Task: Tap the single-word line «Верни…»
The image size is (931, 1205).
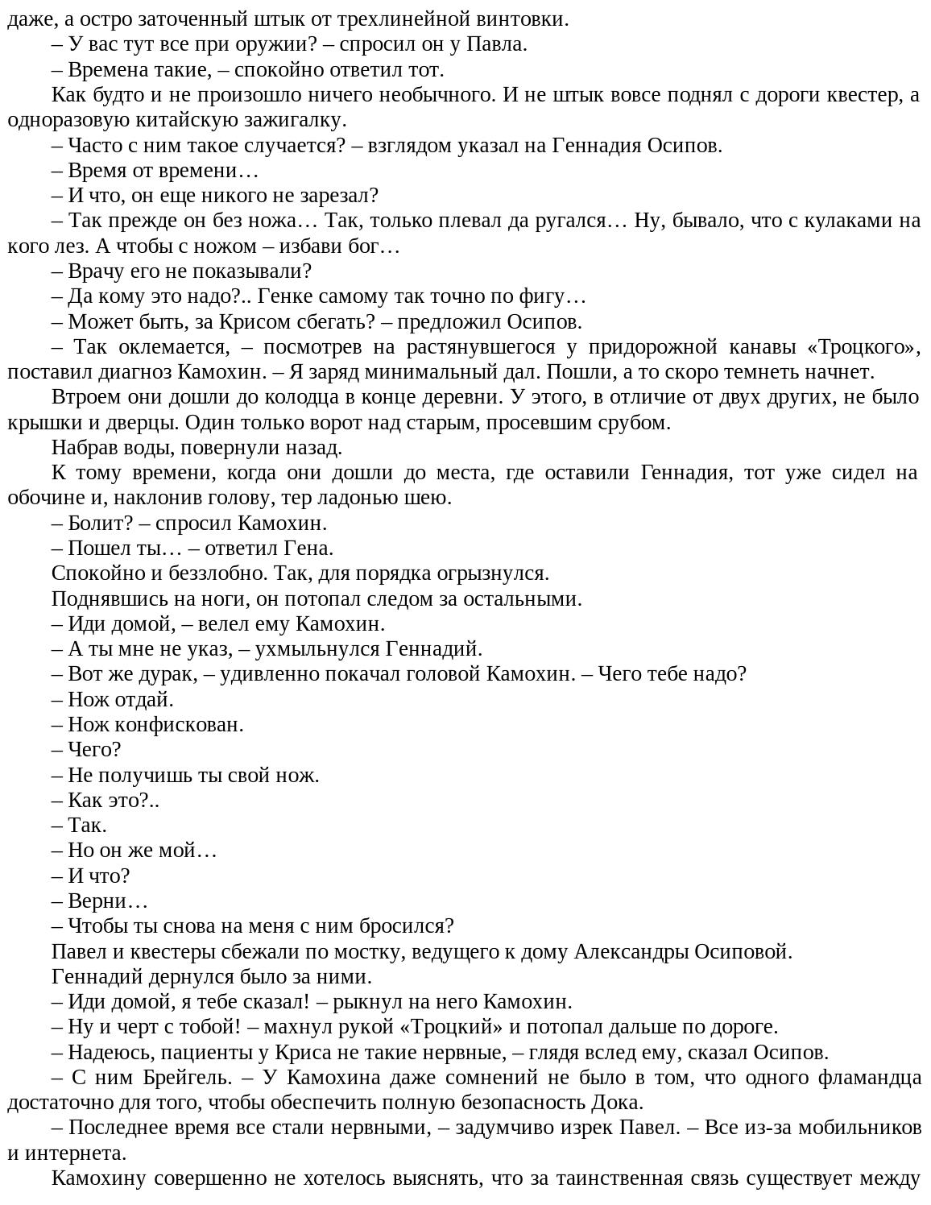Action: click(x=106, y=901)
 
